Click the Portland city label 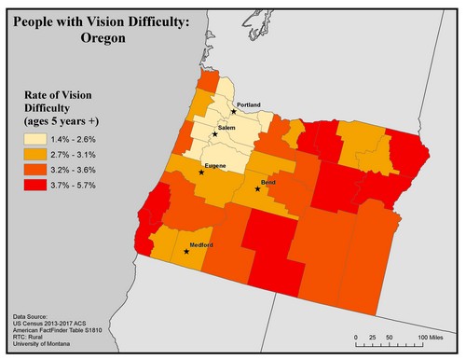pos(250,104)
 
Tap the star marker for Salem pos(215,134)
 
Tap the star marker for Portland pos(234,111)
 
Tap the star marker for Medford pos(186,251)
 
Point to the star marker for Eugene pos(202,173)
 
